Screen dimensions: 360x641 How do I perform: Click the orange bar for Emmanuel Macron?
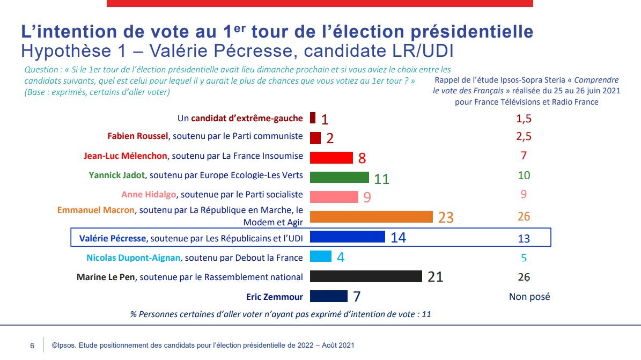tap(371, 217)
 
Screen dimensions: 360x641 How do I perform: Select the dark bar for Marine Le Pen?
tap(366, 276)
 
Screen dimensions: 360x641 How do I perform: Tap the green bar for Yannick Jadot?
tap(340, 178)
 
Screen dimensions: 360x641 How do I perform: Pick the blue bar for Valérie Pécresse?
tap(348, 237)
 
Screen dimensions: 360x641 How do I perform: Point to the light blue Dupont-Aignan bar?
tap(321, 256)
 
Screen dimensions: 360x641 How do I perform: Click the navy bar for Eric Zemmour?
tap(329, 296)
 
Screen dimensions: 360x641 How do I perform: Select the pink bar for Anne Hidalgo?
tap(334, 197)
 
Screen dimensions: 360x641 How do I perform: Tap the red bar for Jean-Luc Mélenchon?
tap(331, 157)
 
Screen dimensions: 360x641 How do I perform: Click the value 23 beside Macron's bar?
tap(446, 217)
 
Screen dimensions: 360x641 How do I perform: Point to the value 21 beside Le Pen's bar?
tap(435, 277)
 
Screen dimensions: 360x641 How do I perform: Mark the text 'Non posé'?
tap(529, 297)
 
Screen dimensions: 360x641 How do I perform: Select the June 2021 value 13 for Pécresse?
tap(524, 237)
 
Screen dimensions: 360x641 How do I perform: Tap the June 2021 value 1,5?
tap(524, 118)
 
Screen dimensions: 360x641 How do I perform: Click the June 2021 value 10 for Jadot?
tap(524, 176)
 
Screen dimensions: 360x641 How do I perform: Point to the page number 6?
tap(32, 346)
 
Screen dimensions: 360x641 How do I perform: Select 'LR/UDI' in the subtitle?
tap(425, 51)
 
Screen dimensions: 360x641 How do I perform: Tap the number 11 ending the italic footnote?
tap(426, 314)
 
